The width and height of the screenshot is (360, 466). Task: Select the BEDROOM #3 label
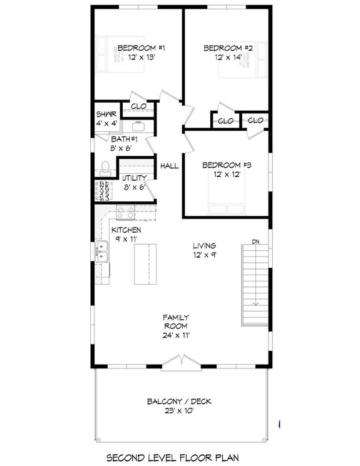click(227, 165)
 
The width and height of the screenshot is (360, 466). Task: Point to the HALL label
click(170, 166)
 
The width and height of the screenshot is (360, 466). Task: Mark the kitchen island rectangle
click(145, 263)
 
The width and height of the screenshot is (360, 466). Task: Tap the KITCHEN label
click(126, 230)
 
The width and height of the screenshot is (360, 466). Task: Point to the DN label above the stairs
click(255, 241)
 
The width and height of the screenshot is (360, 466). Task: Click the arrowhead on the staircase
click(255, 303)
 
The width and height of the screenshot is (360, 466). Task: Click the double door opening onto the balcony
click(180, 361)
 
